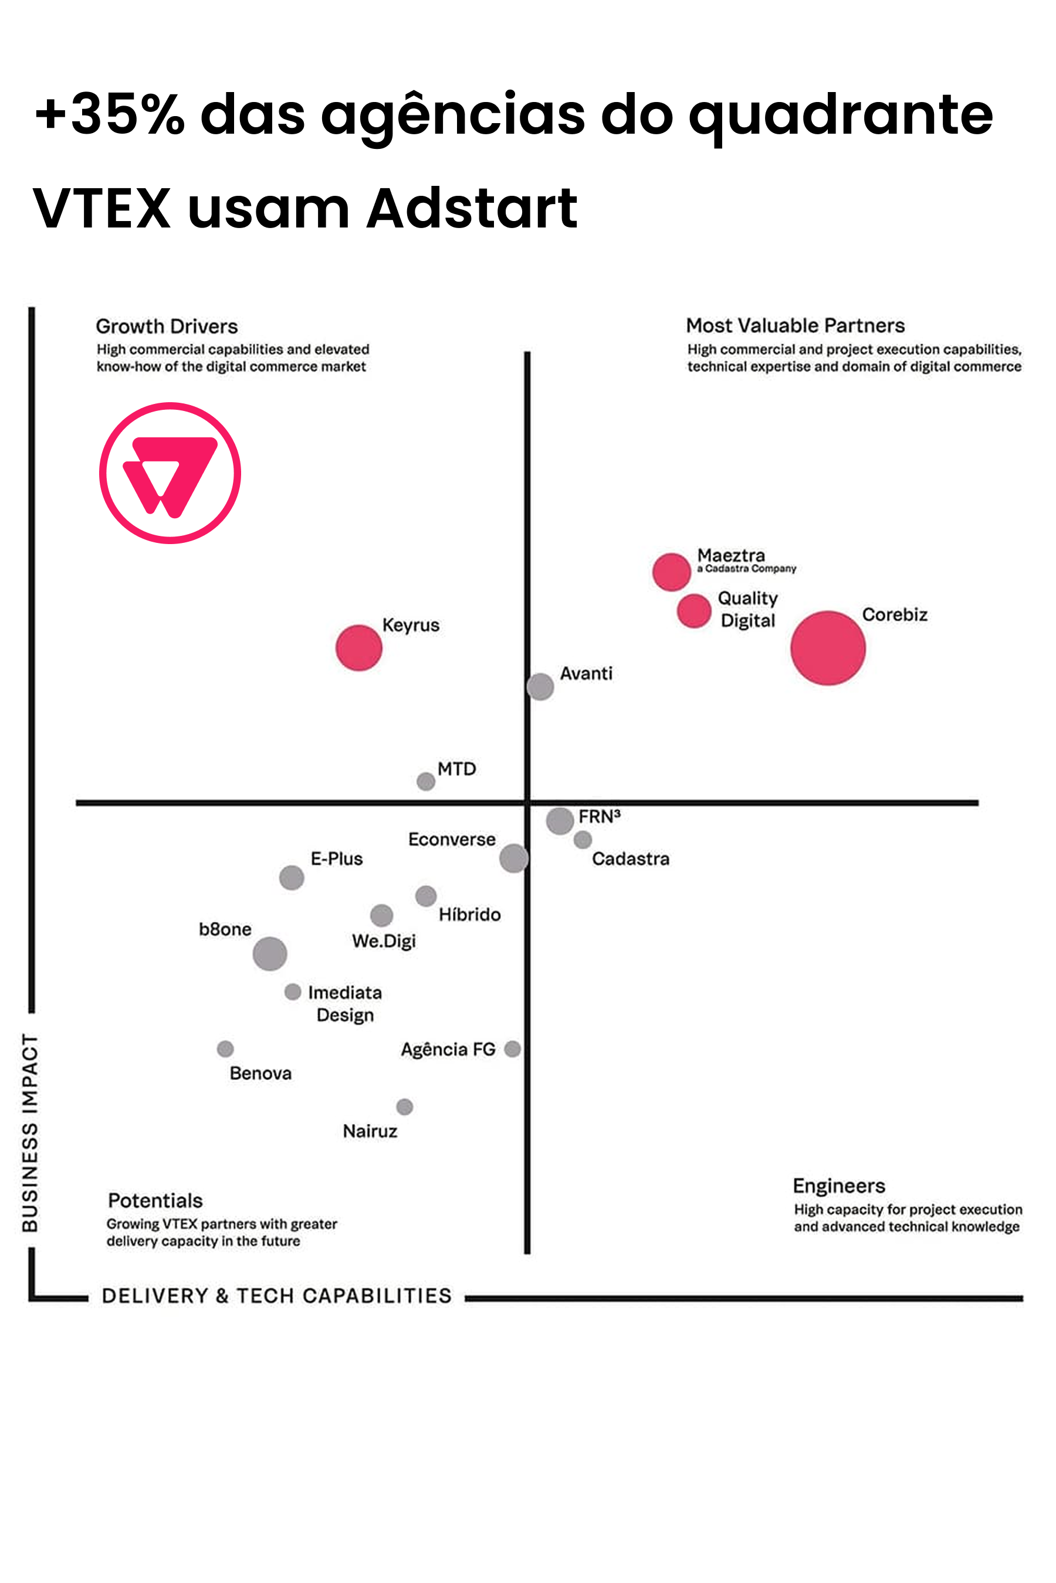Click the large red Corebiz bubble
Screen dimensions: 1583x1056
tap(828, 648)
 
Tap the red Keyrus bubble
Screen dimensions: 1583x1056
tap(359, 647)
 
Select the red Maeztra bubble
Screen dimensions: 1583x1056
tap(672, 572)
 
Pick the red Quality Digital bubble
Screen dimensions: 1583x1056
tap(693, 610)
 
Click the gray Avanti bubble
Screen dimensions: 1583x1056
tap(540, 687)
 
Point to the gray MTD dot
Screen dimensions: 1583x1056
tap(426, 782)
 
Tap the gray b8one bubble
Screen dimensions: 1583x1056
tap(270, 954)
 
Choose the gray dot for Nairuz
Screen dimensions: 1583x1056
tap(404, 1106)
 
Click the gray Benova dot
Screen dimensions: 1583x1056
tap(225, 1049)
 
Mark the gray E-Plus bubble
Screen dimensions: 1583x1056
tap(292, 878)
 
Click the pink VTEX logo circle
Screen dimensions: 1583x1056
tap(170, 473)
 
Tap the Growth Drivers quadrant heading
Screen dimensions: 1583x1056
tap(167, 327)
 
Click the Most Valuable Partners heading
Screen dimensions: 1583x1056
tap(796, 326)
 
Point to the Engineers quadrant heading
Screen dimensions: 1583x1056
tap(838, 1185)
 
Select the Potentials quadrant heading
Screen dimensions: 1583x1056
tap(155, 1201)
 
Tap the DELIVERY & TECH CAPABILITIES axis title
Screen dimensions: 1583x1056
tap(276, 1296)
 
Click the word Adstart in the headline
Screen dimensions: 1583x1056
tap(472, 208)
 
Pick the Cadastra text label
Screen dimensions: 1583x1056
tap(630, 859)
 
